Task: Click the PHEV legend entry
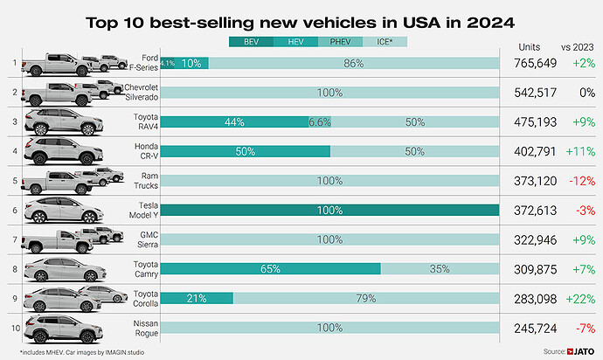point(340,42)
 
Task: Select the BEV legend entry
point(251,42)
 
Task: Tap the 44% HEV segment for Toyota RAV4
point(234,122)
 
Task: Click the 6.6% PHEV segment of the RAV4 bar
point(320,122)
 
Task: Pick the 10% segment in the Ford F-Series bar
point(191,63)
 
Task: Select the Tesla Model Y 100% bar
point(329,211)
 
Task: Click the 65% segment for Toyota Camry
point(270,269)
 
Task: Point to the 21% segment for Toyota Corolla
point(197,298)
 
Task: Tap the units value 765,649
point(536,63)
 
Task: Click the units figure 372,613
point(536,211)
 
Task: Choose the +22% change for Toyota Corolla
point(580,299)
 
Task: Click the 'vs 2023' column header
point(578,47)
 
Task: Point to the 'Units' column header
point(530,47)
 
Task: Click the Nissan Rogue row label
point(146,328)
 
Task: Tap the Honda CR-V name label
point(146,151)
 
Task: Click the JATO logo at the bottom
point(580,351)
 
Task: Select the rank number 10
point(16,328)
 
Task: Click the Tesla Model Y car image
point(64,210)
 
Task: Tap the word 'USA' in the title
point(421,23)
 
